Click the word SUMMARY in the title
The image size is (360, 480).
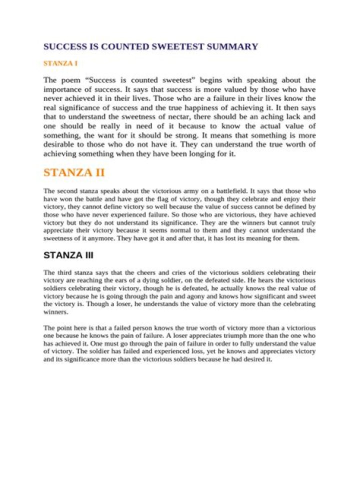coord(234,47)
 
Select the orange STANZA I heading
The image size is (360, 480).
coord(60,63)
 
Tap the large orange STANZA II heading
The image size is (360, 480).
coord(74,173)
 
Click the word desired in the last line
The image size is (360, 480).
coord(253,359)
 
